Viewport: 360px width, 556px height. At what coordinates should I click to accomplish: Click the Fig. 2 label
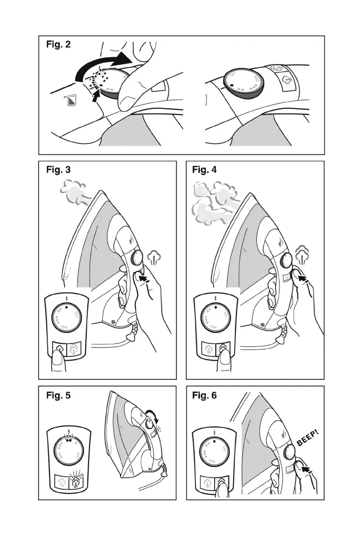coord(58,45)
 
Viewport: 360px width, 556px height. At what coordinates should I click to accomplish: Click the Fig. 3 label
coord(58,170)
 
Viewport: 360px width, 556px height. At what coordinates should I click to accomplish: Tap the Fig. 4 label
coord(205,170)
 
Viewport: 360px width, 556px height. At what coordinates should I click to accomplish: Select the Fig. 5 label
coord(58,395)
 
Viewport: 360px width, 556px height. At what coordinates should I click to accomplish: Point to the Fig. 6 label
coord(205,395)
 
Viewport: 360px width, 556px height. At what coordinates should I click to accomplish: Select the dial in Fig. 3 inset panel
coord(67,317)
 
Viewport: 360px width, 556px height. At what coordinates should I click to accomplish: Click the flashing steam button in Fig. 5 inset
coord(77,481)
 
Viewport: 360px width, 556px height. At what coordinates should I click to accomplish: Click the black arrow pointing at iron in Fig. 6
coord(307,467)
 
